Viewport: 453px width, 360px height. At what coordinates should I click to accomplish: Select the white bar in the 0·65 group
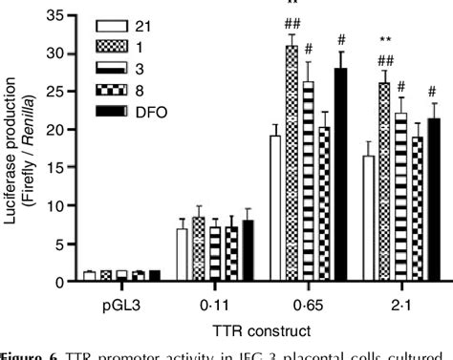[276, 208]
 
